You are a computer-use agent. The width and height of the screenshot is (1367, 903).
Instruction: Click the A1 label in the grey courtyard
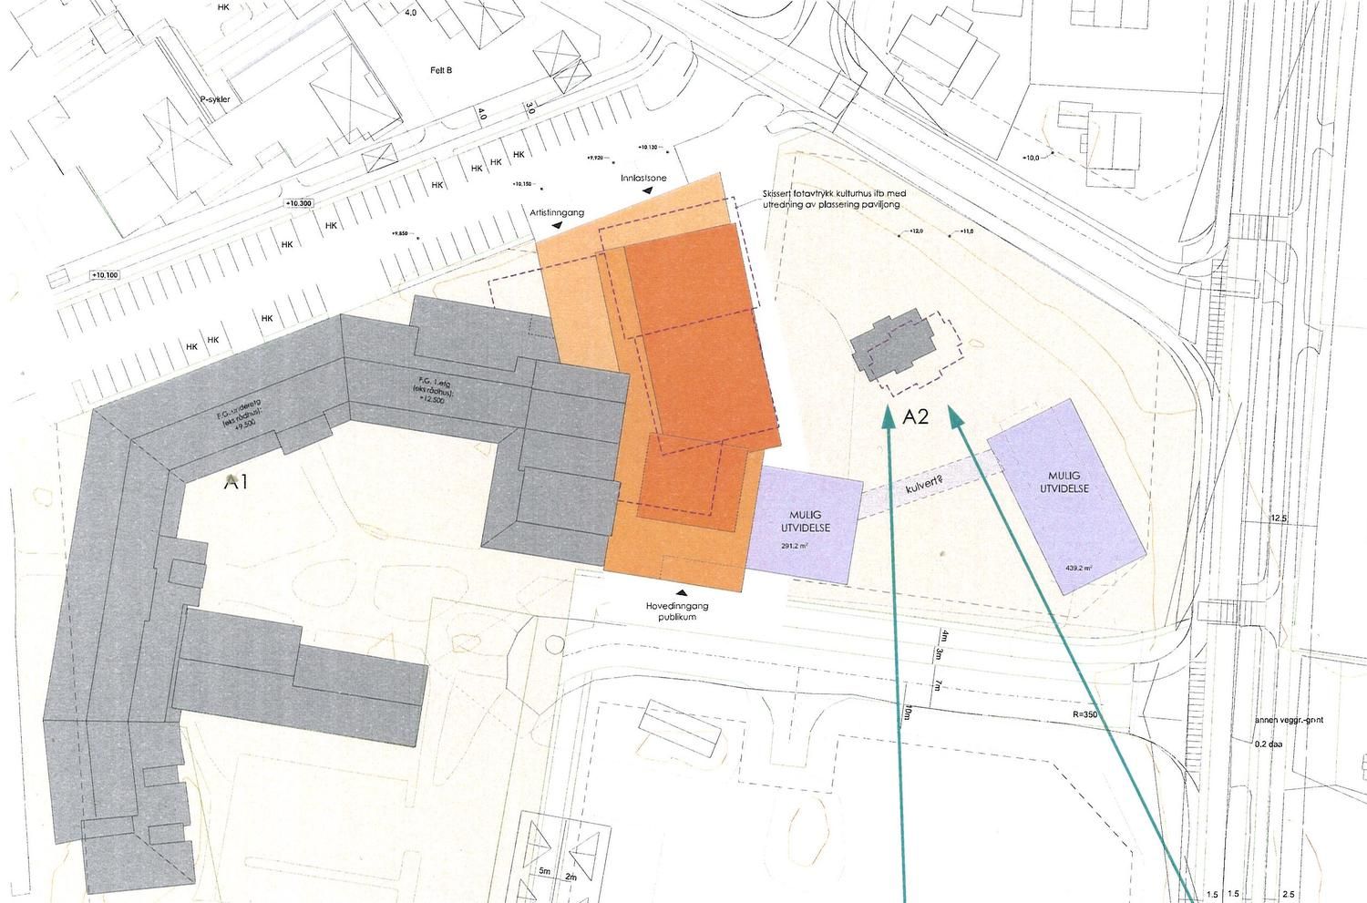(x=237, y=483)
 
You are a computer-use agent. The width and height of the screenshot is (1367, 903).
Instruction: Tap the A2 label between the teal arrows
(x=916, y=418)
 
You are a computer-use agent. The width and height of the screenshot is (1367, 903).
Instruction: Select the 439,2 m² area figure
(x=1078, y=568)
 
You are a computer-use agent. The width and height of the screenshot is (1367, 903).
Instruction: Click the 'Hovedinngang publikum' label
(x=677, y=611)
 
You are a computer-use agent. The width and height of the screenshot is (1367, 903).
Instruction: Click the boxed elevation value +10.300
(x=298, y=203)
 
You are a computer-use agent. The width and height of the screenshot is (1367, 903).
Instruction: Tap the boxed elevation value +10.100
(x=105, y=275)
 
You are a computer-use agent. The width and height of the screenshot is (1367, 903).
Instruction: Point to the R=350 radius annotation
(x=1084, y=715)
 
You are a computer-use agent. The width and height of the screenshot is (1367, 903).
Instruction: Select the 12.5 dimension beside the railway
(x=1278, y=519)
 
